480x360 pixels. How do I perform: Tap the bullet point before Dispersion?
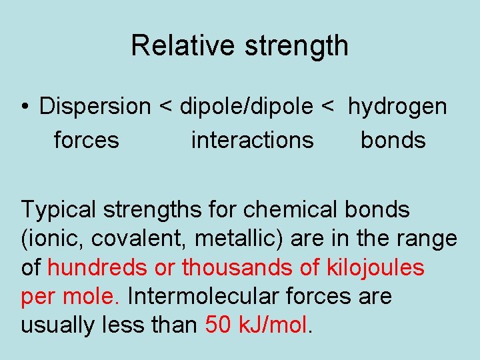point(24,107)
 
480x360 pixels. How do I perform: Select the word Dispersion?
point(95,106)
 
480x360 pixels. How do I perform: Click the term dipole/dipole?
point(245,106)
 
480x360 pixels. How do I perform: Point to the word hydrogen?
point(397,107)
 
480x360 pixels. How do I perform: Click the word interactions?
point(252,140)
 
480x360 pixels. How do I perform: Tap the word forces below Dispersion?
point(87,140)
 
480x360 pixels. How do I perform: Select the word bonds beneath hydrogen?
point(393,140)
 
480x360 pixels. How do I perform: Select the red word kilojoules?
point(375,267)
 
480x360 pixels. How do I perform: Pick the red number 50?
point(219,325)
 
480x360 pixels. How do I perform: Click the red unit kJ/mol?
point(273,325)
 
